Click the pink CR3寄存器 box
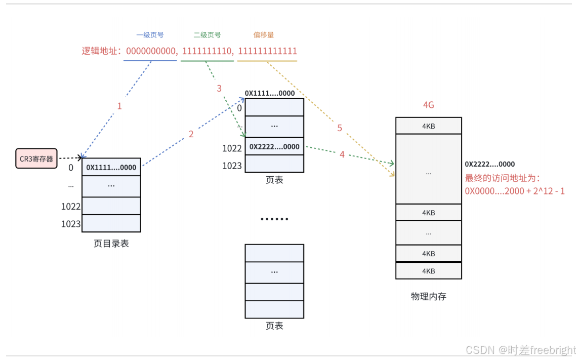[x=36, y=158]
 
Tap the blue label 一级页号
[x=150, y=35]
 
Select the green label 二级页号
[x=207, y=35]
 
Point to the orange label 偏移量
[x=264, y=35]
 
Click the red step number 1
[x=119, y=106]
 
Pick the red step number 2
[x=191, y=134]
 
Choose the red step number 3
[x=219, y=89]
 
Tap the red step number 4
[x=342, y=154]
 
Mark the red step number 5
[x=340, y=128]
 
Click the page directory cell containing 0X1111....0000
[x=111, y=167]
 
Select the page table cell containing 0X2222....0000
[x=274, y=147]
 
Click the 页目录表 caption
[x=111, y=244]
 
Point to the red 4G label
[x=428, y=105]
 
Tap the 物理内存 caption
[x=428, y=297]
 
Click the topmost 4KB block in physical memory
[x=428, y=126]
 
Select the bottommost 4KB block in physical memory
[x=428, y=271]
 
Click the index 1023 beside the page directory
[x=71, y=223]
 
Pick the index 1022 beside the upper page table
[x=232, y=148]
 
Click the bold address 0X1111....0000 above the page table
[x=270, y=93]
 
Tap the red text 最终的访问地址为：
[x=503, y=178]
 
